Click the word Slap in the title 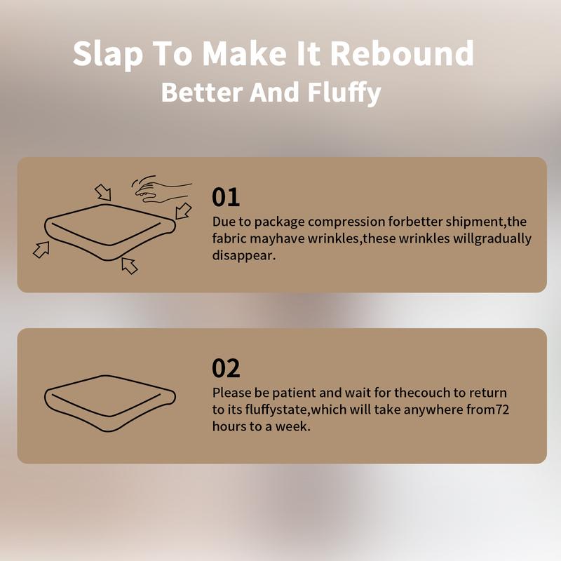108,55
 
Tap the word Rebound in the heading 402,53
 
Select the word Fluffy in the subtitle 344,93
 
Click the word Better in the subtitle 202,93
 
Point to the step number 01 225,197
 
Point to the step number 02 226,368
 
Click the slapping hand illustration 163,189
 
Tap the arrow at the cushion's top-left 103,192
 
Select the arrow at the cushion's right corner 184,211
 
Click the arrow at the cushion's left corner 41,250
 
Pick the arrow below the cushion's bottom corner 129,266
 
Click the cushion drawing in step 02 110,403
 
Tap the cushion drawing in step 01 110,232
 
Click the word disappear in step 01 243,256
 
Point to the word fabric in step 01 229,238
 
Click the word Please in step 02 232,393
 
